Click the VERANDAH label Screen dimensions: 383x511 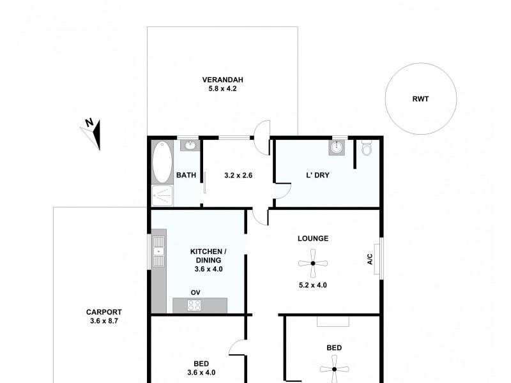pos(222,80)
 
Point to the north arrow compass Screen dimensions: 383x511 pos(92,132)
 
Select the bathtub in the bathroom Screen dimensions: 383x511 pos(162,163)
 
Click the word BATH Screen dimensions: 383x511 pos(186,175)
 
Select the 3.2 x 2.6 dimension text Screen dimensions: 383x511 pos(239,175)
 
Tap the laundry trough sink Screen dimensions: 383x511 pos(338,149)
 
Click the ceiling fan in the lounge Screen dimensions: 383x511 pos(313,263)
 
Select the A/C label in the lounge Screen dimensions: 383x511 pos(369,259)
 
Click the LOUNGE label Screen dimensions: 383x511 pos(313,239)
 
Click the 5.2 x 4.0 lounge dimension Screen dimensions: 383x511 pos(313,285)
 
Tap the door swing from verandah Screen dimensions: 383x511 pos(261,137)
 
